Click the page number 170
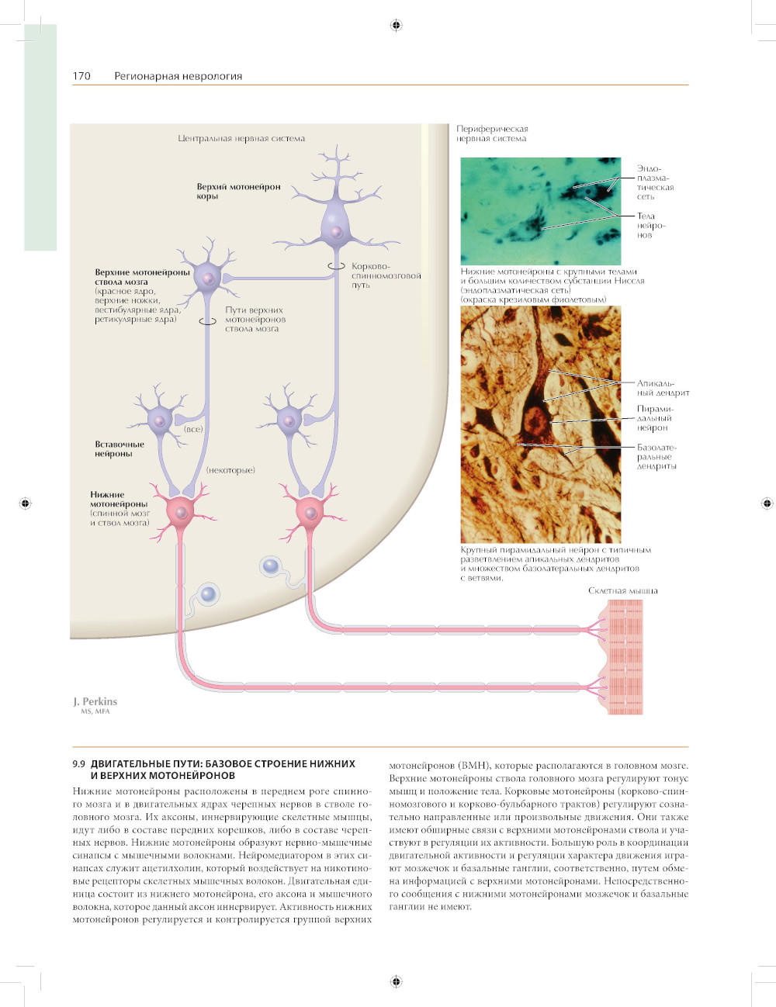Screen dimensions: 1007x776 (81, 76)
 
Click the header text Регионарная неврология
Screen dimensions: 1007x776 (178, 76)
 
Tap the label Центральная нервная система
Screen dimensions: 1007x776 (241, 139)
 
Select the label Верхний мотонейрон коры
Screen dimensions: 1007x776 (238, 191)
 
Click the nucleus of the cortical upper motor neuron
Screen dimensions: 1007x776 (336, 232)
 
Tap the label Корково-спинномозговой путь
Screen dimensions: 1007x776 (386, 275)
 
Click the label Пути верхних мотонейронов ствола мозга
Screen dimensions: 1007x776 (255, 319)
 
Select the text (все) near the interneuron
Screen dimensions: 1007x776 (193, 429)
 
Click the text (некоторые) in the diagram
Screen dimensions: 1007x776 (230, 470)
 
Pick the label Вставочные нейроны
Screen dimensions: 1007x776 (120, 449)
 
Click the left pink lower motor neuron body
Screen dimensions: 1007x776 (182, 511)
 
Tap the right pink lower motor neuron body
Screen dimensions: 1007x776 (310, 511)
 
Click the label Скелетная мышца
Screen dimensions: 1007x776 (622, 591)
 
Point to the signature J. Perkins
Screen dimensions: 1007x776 (95, 701)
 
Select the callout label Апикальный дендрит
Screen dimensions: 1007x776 (663, 388)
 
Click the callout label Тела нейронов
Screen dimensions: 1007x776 (651, 225)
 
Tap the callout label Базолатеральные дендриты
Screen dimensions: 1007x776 (656, 457)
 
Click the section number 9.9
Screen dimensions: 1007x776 (78, 764)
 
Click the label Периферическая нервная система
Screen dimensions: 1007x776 (492, 133)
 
